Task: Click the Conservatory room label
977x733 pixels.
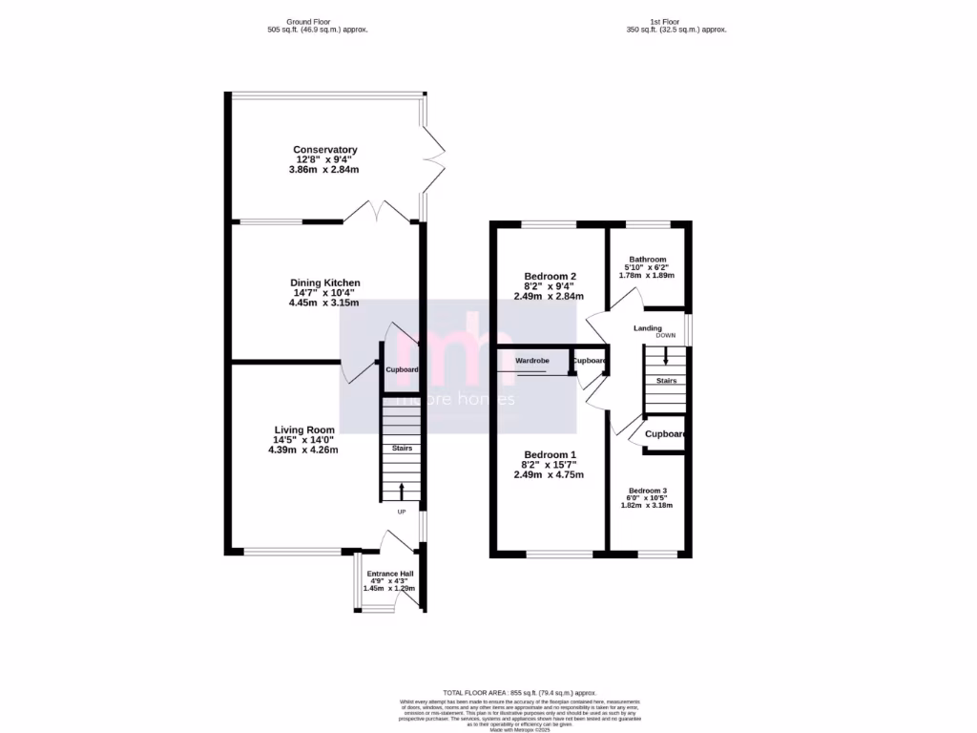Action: pyautogui.click(x=325, y=150)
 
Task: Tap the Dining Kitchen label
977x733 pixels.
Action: pyautogui.click(x=325, y=283)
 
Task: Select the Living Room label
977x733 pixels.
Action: pyautogui.click(x=305, y=430)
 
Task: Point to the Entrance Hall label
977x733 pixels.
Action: pyautogui.click(x=391, y=574)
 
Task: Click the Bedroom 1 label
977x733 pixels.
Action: pyautogui.click(x=549, y=454)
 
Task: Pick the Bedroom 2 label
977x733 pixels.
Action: pyautogui.click(x=549, y=276)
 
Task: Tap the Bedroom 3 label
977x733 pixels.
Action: pyautogui.click(x=648, y=491)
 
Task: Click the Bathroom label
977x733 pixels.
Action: pyautogui.click(x=646, y=259)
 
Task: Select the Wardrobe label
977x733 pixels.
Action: pyautogui.click(x=532, y=362)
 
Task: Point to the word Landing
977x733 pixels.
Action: pyautogui.click(x=647, y=328)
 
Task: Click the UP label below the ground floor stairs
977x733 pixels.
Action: pyautogui.click(x=401, y=512)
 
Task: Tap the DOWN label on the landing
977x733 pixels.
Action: pyautogui.click(x=666, y=336)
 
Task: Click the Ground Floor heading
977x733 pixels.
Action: pyautogui.click(x=317, y=21)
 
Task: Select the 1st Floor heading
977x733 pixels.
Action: pyautogui.click(x=671, y=21)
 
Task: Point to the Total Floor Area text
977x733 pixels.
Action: pyautogui.click(x=520, y=692)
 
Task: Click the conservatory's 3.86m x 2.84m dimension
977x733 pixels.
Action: pyautogui.click(x=325, y=169)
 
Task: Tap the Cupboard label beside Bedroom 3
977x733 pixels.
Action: pyautogui.click(x=665, y=434)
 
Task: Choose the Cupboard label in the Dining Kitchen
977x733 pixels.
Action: pyautogui.click(x=402, y=369)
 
